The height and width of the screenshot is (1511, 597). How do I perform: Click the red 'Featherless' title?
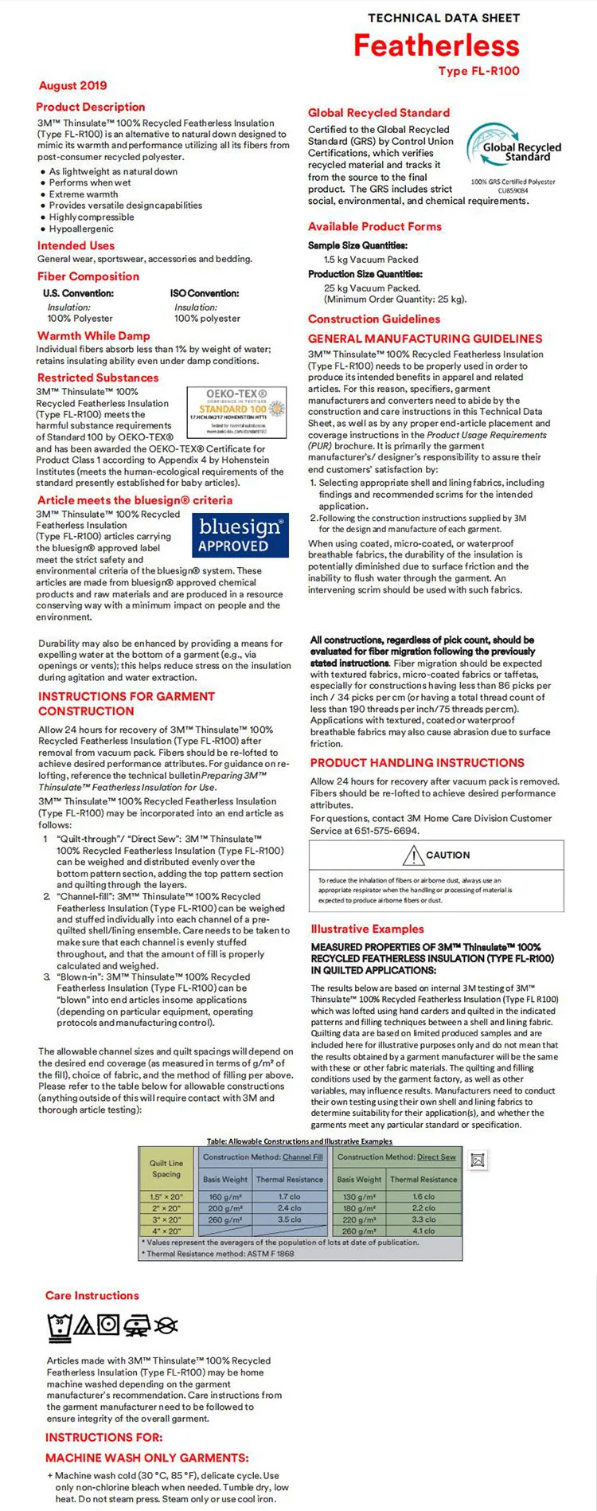[436, 45]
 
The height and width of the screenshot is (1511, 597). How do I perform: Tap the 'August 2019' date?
[72, 85]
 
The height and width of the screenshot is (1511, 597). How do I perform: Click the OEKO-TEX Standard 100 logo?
[236, 412]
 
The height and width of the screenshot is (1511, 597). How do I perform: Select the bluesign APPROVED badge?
[240, 534]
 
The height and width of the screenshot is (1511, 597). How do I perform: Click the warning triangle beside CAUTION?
[413, 855]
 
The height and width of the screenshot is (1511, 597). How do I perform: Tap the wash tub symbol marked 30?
[59, 1325]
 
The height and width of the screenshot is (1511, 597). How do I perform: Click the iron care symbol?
[137, 1325]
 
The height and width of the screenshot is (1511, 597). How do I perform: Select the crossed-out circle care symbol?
[166, 1325]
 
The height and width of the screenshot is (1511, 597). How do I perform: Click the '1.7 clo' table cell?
[289, 1196]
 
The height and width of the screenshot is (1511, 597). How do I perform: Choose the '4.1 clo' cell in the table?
[423, 1231]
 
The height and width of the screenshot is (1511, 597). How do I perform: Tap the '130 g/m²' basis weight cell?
[359, 1196]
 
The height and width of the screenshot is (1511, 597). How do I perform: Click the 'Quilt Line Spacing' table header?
[166, 1168]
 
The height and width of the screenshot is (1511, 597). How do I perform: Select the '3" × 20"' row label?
[166, 1219]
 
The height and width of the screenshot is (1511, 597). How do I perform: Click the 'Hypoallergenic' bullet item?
[81, 229]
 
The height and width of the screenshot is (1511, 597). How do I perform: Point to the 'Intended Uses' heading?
[76, 246]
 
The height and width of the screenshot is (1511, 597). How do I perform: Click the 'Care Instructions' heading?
[92, 1295]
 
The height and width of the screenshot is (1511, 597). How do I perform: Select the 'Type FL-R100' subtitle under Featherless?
[478, 71]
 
